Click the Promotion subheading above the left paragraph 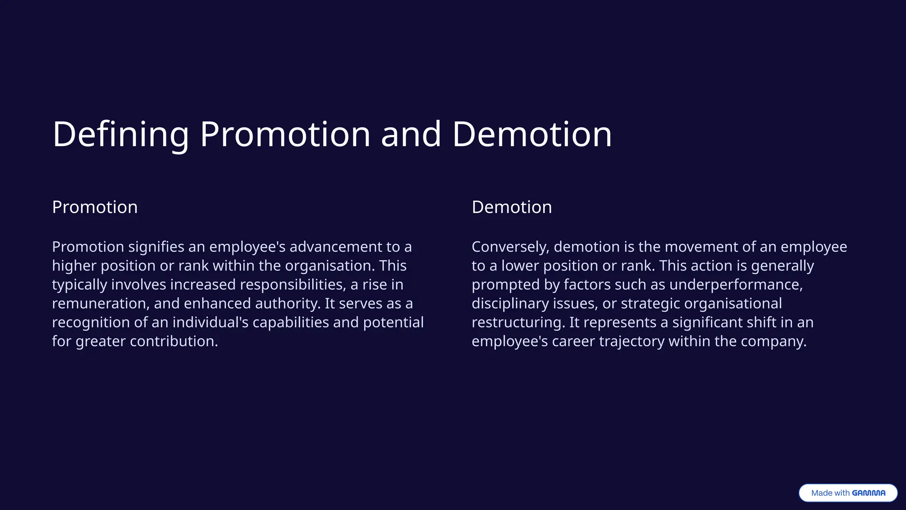(95, 207)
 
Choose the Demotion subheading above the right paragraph (511, 207)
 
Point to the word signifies (156, 247)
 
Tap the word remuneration (100, 303)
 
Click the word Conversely (510, 247)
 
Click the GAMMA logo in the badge (868, 493)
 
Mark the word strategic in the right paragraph (650, 303)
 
